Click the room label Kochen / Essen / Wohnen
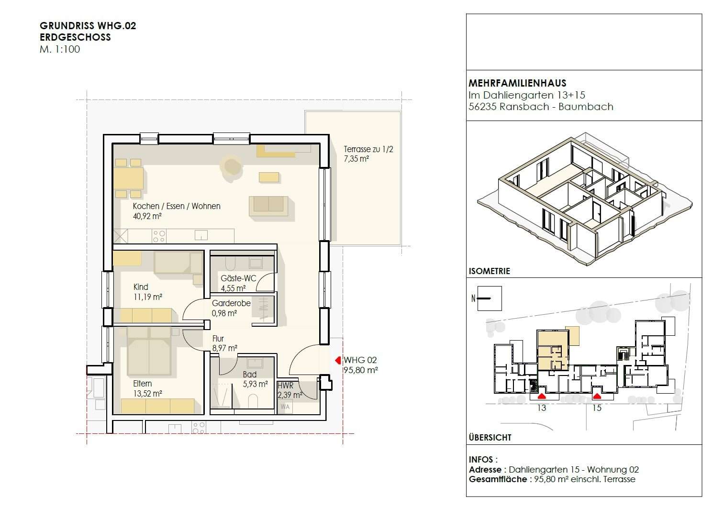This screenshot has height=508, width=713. tap(177, 206)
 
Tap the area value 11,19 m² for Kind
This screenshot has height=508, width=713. tap(147, 297)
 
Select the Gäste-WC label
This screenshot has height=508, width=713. tap(238, 278)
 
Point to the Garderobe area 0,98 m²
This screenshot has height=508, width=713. tap(224, 314)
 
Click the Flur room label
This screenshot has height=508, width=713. tap(218, 339)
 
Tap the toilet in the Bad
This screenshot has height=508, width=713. tap(253, 401)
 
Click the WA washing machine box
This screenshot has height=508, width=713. tap(285, 407)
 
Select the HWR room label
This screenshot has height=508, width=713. tap(285, 386)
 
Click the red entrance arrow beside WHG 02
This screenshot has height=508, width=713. tap(337, 360)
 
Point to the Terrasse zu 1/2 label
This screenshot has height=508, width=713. tap(368, 149)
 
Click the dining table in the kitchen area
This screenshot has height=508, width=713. tap(128, 178)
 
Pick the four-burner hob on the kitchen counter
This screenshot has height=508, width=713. tap(159, 236)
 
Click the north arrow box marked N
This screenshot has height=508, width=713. tap(489, 298)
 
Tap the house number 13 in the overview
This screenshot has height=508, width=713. tap(541, 408)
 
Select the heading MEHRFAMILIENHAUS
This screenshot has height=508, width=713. tap(517, 83)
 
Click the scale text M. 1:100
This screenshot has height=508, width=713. tap(60, 49)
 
